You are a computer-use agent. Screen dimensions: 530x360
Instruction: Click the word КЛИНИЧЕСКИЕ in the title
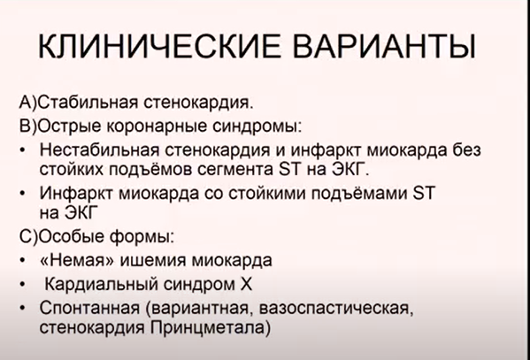point(160,46)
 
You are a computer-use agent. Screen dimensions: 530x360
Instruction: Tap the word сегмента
point(235,170)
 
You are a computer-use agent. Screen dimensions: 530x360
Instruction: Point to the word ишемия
point(153,261)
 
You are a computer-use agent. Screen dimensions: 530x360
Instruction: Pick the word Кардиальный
point(101,284)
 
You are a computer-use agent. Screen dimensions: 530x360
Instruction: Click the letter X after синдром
point(246,284)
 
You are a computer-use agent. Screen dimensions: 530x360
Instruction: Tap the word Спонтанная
point(89,308)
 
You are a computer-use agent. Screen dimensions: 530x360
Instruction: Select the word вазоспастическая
point(336,309)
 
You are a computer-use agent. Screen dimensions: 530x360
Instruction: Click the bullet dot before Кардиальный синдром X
point(22,285)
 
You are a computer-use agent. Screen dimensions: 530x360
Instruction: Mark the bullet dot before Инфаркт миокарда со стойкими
point(22,194)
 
